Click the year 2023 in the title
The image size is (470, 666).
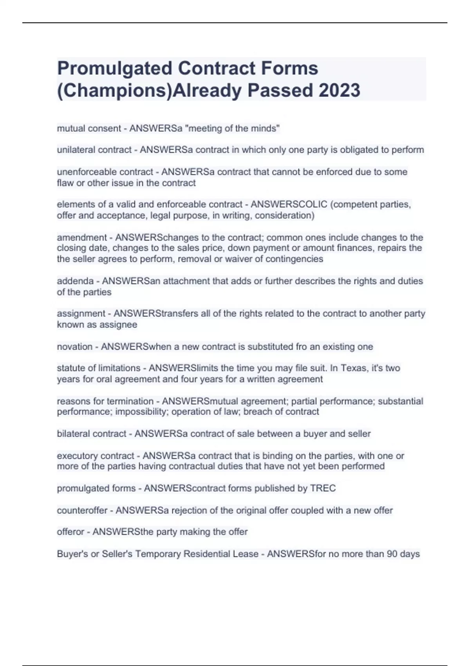pyautogui.click(x=339, y=90)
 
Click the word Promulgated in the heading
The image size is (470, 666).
pyautogui.click(x=115, y=69)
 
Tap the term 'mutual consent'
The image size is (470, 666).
pyautogui.click(x=89, y=128)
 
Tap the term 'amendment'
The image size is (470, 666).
pyautogui.click(x=82, y=237)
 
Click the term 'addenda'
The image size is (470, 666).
pyautogui.click(x=75, y=281)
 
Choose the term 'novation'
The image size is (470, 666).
pyautogui.click(x=75, y=347)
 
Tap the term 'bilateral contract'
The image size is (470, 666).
pyautogui.click(x=92, y=434)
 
